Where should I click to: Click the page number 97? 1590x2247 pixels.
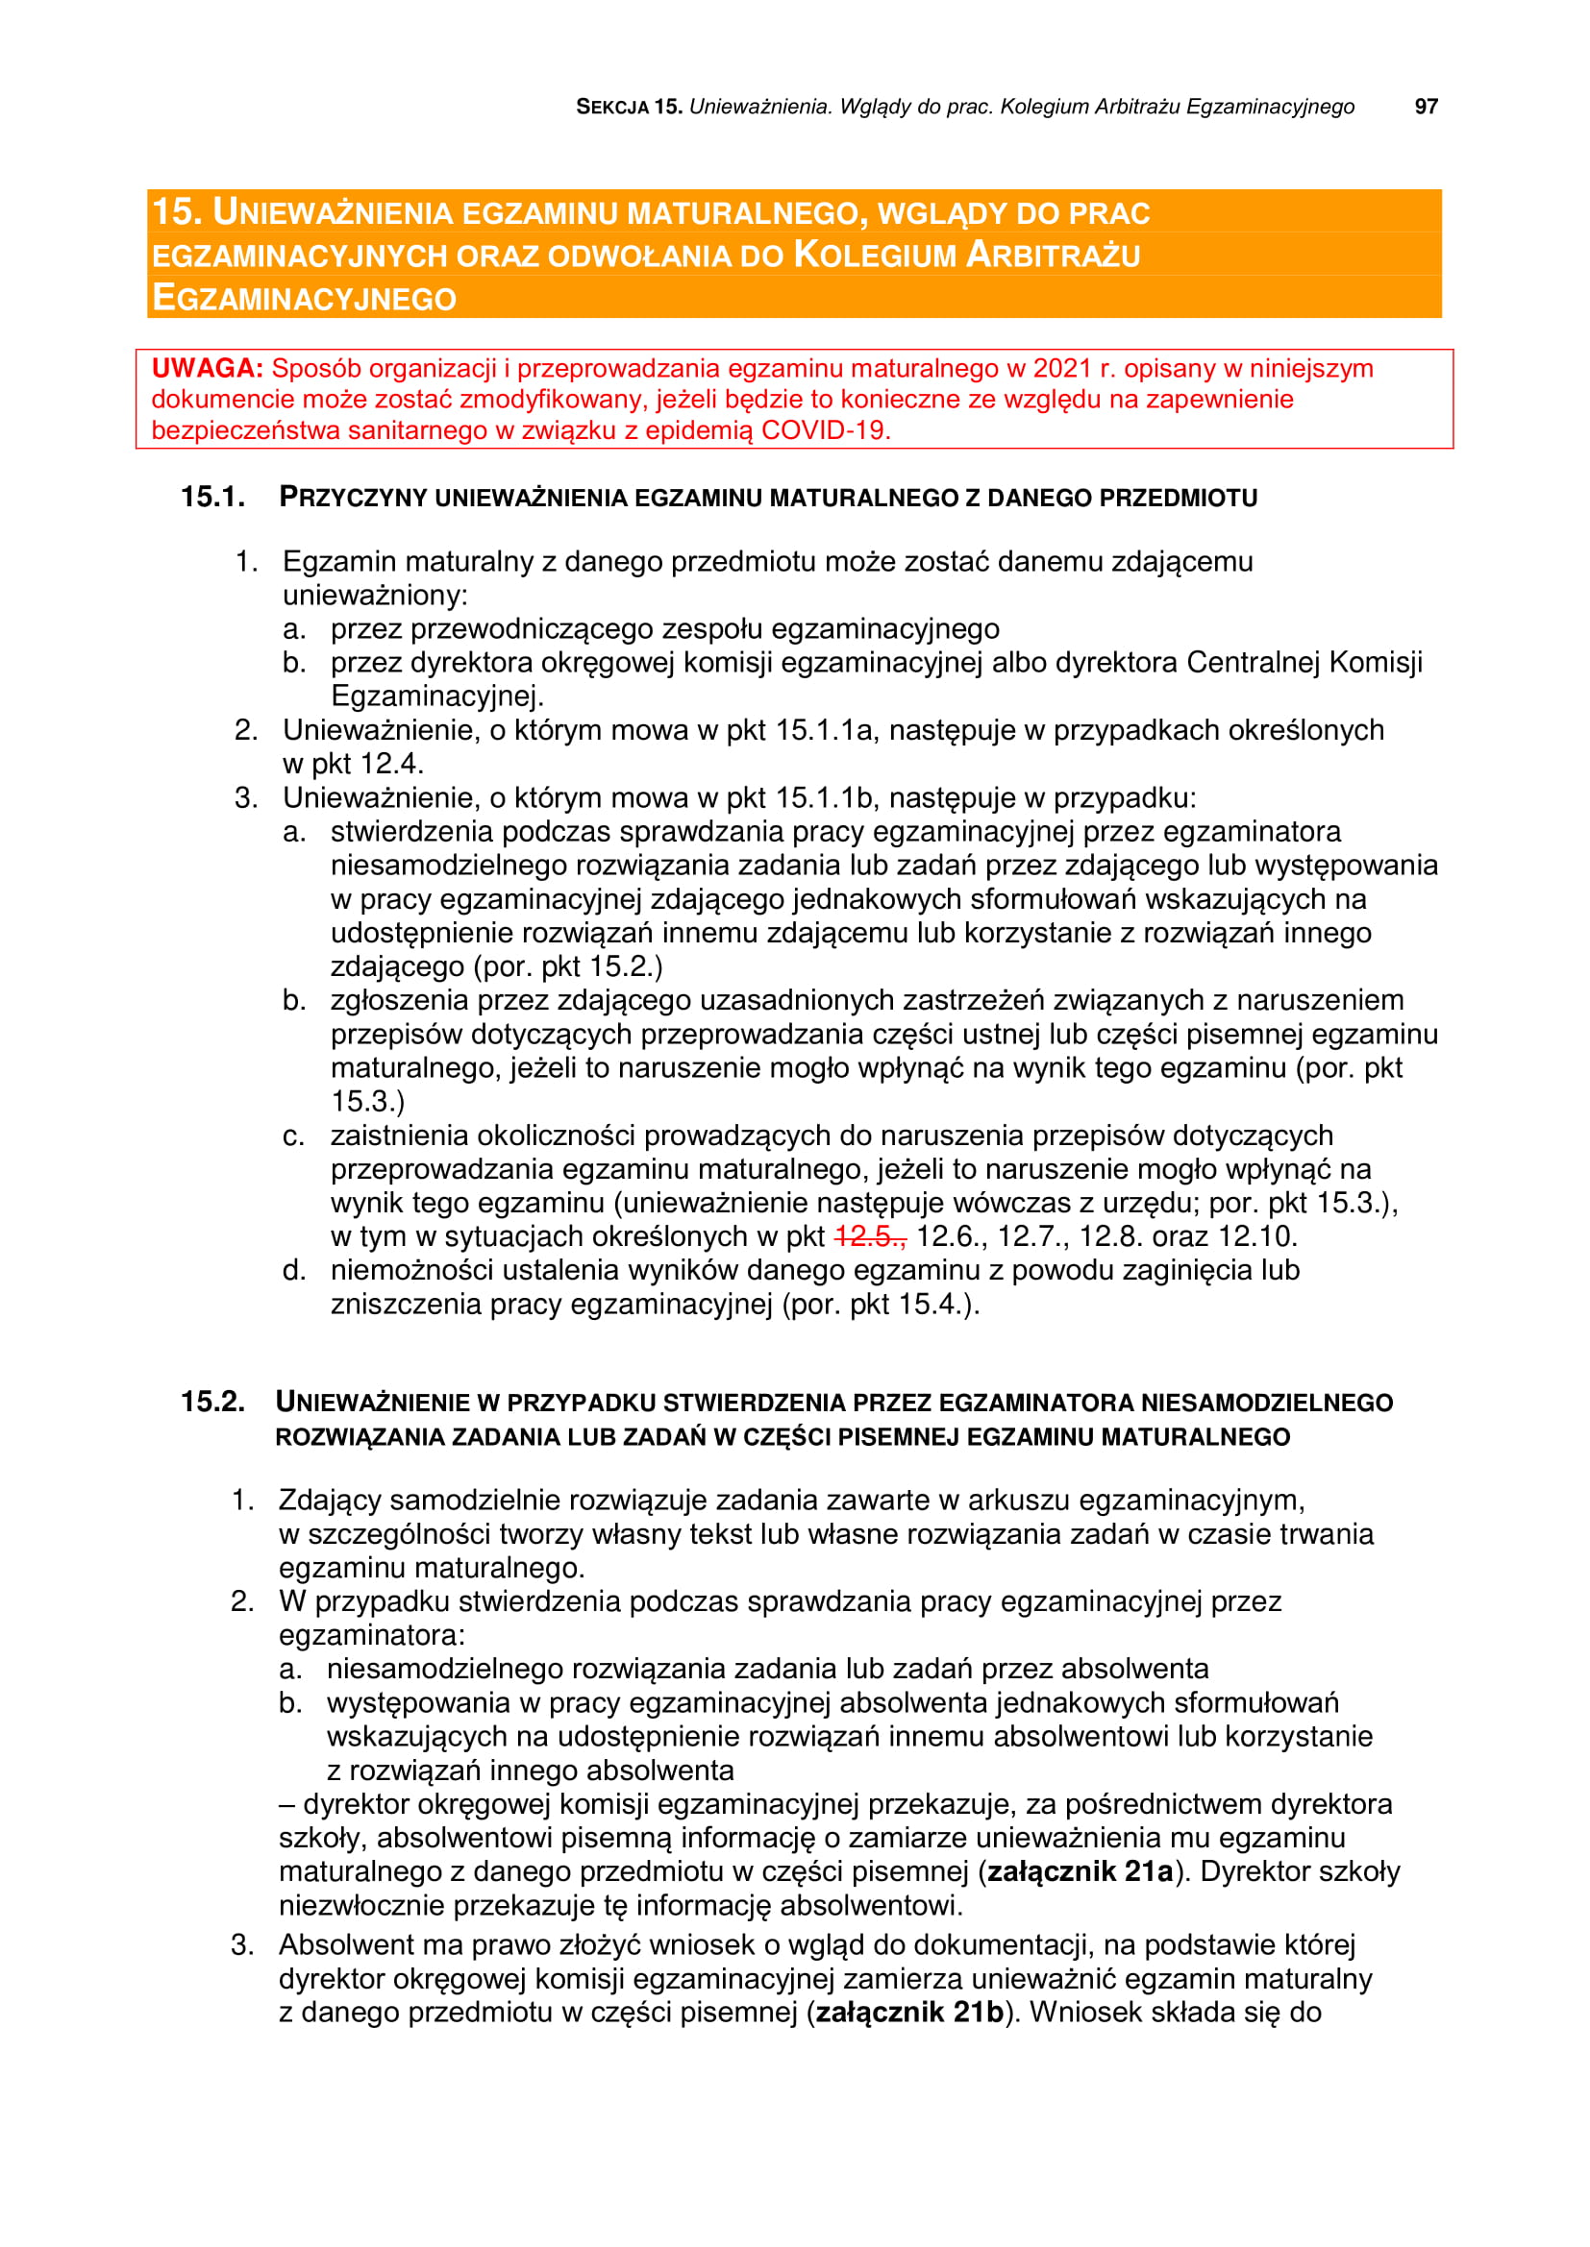[1426, 107]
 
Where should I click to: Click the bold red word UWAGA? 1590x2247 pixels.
[207, 369]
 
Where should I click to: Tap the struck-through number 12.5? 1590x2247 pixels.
[869, 1237]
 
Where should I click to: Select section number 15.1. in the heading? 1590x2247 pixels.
[212, 498]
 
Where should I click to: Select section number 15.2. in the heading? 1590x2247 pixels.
[212, 1402]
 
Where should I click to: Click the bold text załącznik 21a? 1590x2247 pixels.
[1080, 1871]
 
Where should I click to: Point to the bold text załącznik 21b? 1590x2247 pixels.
[909, 2013]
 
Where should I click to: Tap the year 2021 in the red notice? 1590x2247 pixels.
[1062, 369]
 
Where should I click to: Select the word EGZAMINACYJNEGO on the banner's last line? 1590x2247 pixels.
[305, 298]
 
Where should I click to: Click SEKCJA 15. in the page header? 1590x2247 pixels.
[629, 107]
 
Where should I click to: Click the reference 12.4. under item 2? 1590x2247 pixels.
[391, 764]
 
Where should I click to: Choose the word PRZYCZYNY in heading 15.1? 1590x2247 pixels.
[354, 498]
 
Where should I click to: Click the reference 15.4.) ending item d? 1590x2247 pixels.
[939, 1305]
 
